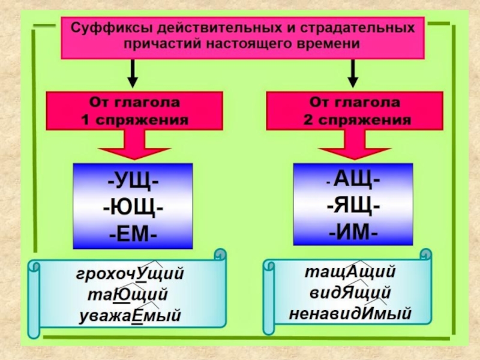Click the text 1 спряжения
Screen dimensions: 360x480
coord(134,119)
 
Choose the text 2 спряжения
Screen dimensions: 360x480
coord(355,119)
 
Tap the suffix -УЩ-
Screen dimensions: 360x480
coord(134,179)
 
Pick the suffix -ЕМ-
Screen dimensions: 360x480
coord(134,233)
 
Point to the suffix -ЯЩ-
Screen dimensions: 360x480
coord(353,205)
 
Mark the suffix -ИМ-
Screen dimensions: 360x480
coord(353,231)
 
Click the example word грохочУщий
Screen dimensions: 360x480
coord(130,274)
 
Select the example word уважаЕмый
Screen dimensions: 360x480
coord(130,316)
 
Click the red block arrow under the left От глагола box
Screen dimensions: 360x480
coord(133,147)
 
